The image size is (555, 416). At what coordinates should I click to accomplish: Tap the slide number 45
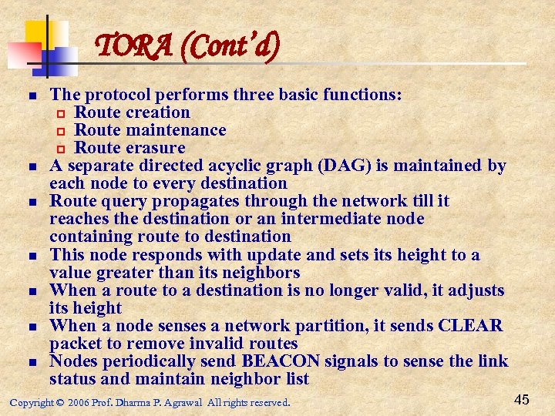(522, 399)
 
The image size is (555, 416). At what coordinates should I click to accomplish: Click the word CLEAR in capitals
(470, 326)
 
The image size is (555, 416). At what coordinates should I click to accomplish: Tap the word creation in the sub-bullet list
(157, 112)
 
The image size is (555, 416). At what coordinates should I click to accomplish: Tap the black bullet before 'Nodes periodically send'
(32, 362)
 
